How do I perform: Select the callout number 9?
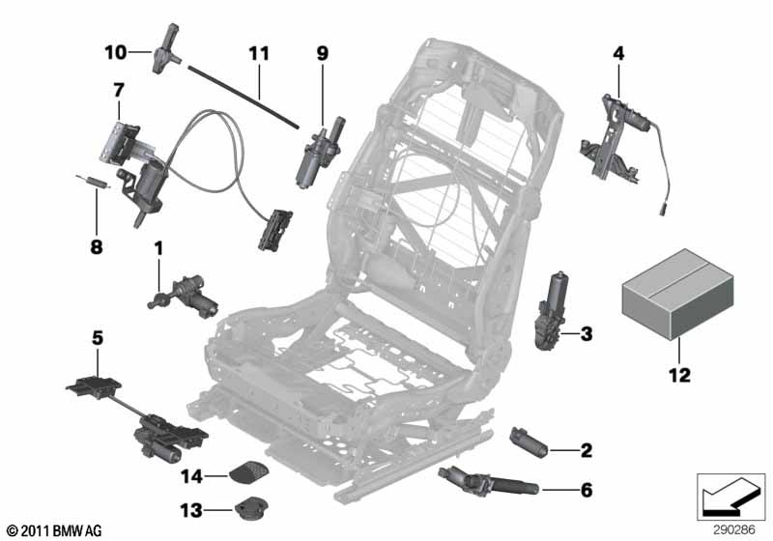pos(322,54)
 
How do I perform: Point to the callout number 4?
pos(618,54)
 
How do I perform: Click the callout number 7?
pos(118,89)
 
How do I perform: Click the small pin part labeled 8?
pos(90,181)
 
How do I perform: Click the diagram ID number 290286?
pos(735,529)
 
